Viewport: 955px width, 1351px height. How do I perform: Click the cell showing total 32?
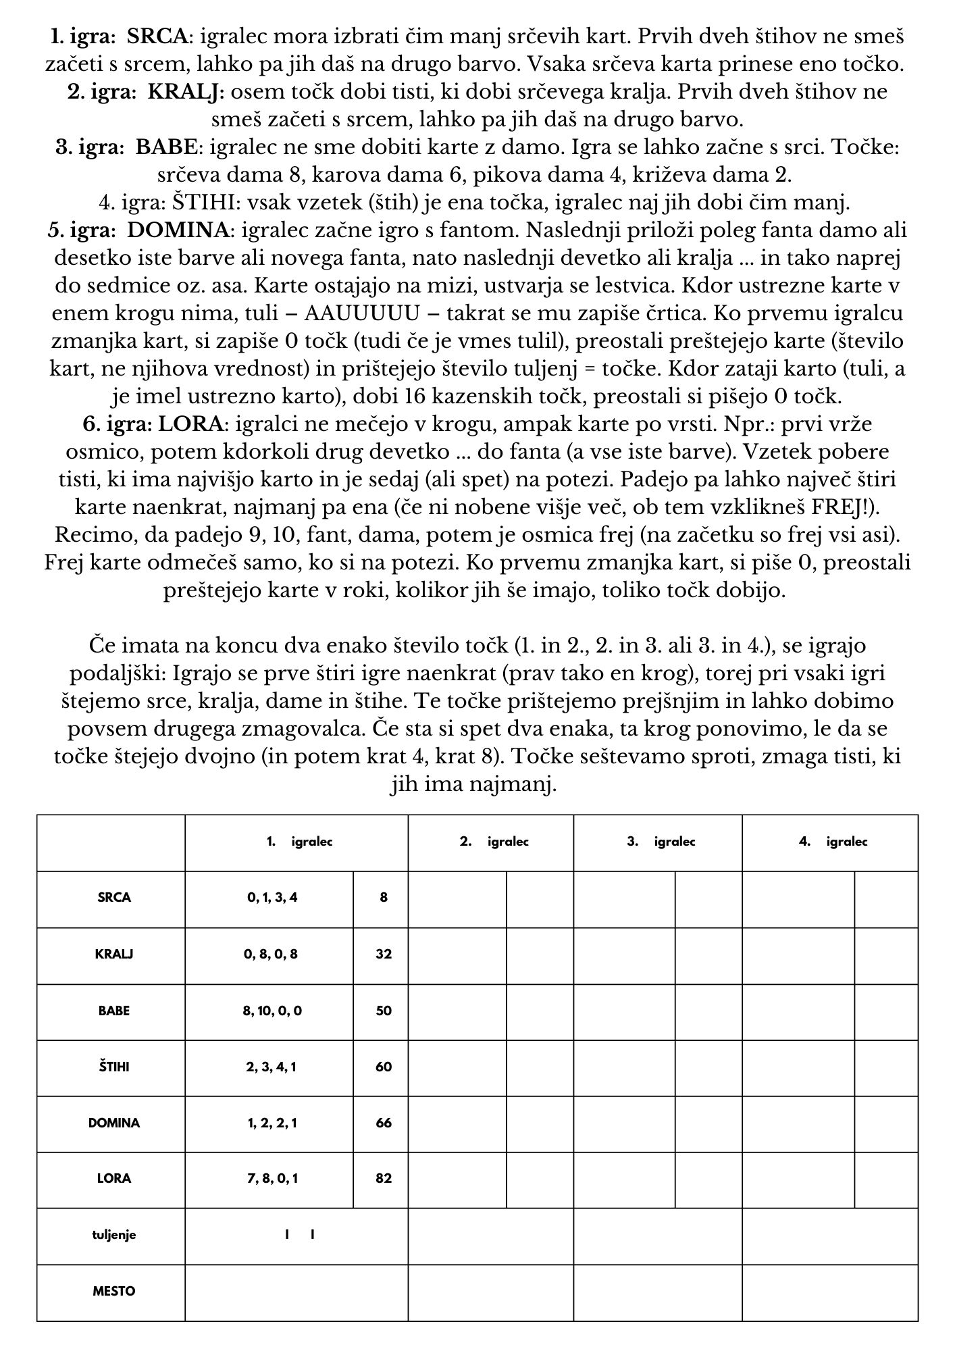click(384, 954)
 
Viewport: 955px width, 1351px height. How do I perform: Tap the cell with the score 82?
click(384, 1179)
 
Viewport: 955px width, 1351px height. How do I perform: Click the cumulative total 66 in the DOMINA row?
click(384, 1123)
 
